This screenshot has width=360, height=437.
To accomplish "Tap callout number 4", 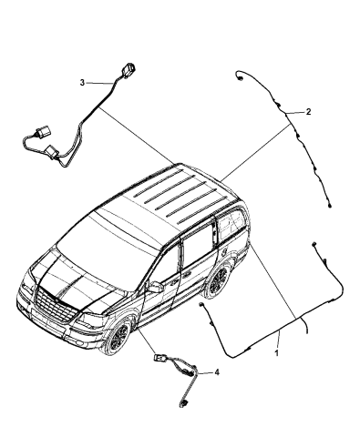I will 216,372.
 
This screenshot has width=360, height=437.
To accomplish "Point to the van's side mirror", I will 156,287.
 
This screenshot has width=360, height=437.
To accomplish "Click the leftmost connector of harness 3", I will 25,141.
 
